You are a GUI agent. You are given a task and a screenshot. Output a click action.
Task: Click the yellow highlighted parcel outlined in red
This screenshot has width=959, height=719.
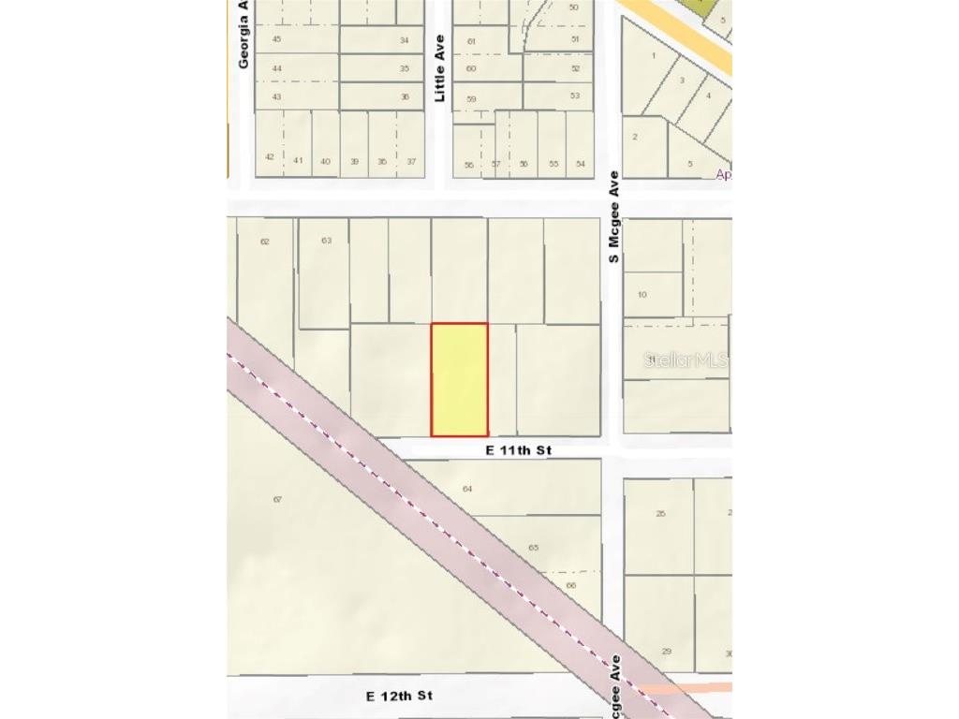pyautogui.click(x=459, y=379)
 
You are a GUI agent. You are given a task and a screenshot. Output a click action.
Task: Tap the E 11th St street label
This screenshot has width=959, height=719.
pyautogui.click(x=518, y=450)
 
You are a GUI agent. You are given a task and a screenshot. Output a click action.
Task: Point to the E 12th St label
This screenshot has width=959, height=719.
pyautogui.click(x=399, y=696)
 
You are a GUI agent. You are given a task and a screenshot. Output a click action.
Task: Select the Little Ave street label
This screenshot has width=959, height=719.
pyautogui.click(x=439, y=68)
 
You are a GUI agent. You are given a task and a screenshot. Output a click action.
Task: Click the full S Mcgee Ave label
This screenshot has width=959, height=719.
pyautogui.click(x=614, y=216)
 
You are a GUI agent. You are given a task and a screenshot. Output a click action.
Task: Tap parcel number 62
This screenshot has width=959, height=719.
pyautogui.click(x=264, y=242)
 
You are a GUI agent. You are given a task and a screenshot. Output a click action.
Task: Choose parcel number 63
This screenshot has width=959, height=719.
pyautogui.click(x=326, y=241)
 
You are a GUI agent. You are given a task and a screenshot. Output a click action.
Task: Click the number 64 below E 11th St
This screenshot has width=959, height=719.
pyautogui.click(x=467, y=489)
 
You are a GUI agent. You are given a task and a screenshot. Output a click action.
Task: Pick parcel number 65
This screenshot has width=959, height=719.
pyautogui.click(x=534, y=548)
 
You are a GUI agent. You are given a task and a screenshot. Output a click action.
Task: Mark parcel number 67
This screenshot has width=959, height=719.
pyautogui.click(x=277, y=499)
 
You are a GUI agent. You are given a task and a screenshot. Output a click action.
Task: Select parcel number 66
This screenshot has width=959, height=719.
pyautogui.click(x=570, y=586)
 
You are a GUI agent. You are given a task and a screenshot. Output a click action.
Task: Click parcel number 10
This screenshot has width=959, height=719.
pyautogui.click(x=642, y=295)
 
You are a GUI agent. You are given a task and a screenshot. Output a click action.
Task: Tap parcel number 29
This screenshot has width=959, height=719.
pyautogui.click(x=667, y=652)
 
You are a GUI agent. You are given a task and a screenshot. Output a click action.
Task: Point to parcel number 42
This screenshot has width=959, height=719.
pyautogui.click(x=270, y=156)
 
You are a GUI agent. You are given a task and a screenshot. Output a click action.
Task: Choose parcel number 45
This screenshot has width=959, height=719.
pyautogui.click(x=276, y=38)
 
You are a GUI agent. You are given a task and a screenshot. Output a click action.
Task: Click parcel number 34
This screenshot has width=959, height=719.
pyautogui.click(x=405, y=40)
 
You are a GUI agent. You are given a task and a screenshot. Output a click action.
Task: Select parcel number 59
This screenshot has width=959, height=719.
pyautogui.click(x=471, y=99)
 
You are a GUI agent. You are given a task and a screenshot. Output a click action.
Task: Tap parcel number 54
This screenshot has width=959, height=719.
pyautogui.click(x=581, y=164)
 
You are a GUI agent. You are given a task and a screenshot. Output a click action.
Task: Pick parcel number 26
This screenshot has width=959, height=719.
pyautogui.click(x=660, y=513)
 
